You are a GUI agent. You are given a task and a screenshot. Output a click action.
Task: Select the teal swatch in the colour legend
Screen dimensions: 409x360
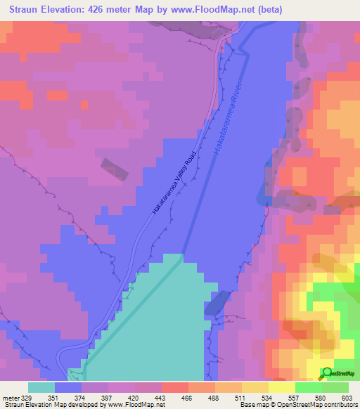point(41,387)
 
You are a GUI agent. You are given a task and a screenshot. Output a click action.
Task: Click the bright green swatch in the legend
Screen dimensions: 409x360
point(309,387)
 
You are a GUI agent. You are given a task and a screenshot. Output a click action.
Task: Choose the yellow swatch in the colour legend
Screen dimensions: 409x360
point(282,387)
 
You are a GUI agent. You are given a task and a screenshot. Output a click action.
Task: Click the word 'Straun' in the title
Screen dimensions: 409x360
point(25,11)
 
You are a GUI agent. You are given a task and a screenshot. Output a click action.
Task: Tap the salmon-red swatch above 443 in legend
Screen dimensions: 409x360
point(175,387)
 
